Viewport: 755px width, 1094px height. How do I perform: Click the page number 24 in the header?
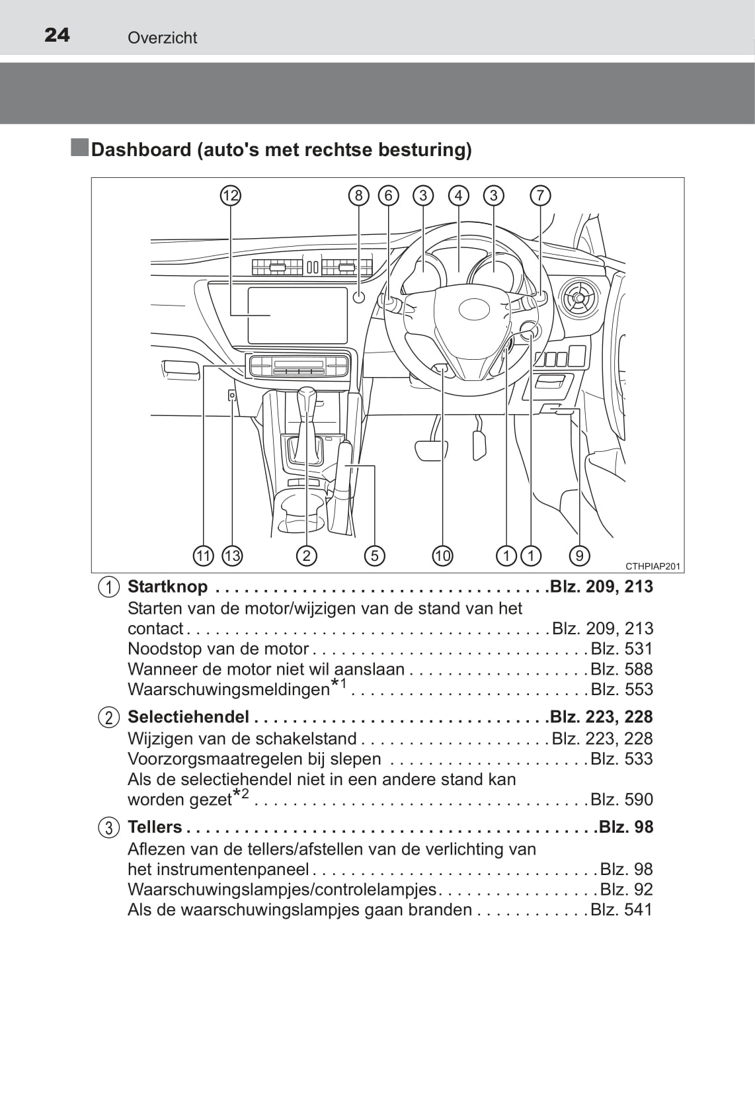tap(57, 35)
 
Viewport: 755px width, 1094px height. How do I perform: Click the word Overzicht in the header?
tap(162, 38)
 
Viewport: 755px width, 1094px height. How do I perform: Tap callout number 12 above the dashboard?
tap(231, 196)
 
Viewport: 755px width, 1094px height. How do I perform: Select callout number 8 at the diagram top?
tap(359, 196)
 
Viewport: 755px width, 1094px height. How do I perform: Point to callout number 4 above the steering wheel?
tap(458, 196)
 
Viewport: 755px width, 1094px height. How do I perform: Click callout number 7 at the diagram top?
tap(540, 196)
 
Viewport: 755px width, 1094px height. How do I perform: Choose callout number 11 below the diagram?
tap(204, 556)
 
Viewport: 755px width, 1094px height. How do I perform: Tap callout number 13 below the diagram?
tap(232, 556)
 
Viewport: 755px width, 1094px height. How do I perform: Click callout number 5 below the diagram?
tap(375, 556)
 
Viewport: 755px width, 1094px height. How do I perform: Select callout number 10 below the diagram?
tap(443, 556)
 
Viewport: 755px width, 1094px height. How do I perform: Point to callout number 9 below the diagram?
tap(579, 556)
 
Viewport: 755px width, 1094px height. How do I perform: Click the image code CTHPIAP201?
tap(653, 567)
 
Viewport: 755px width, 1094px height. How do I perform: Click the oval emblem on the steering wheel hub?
tap(474, 309)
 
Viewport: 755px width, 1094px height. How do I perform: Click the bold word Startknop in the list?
tap(167, 587)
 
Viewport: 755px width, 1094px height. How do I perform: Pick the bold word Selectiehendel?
tap(188, 716)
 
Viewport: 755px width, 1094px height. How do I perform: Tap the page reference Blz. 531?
tap(621, 649)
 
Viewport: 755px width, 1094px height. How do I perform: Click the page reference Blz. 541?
tap(621, 909)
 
